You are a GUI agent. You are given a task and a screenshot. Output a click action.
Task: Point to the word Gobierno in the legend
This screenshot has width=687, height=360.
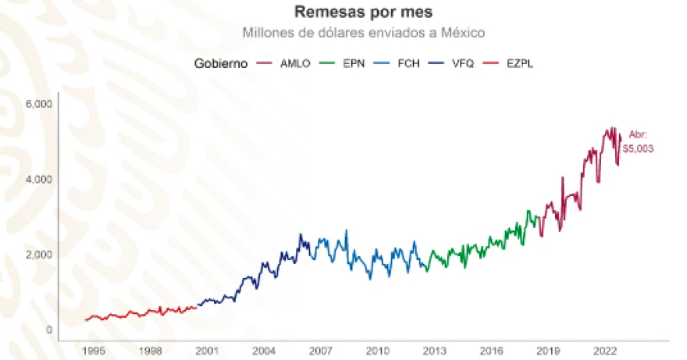221,63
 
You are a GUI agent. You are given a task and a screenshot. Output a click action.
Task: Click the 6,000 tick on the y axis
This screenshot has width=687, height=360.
38,104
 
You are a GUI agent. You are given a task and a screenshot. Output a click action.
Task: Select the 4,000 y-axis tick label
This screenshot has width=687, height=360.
38,180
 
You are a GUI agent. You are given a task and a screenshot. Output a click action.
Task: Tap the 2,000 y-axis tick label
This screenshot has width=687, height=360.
38,255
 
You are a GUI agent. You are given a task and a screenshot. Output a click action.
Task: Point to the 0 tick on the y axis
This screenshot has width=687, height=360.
48,330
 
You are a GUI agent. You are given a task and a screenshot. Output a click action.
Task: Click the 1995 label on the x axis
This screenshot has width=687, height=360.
94,351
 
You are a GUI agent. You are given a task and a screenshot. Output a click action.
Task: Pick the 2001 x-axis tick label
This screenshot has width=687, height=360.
207,351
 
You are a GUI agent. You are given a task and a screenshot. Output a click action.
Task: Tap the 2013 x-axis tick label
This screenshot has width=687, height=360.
435,351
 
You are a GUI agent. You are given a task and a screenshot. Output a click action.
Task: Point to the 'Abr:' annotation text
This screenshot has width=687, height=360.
638,135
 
